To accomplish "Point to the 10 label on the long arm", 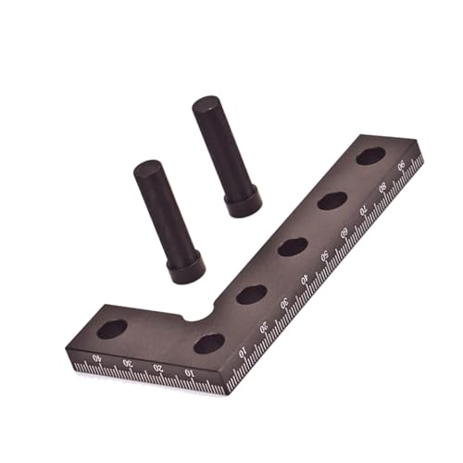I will coord(244,353).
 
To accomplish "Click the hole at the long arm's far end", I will coord(370,156).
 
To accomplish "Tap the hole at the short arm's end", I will coord(113,329).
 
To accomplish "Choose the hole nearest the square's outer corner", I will coord(209,344).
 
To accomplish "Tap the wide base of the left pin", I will coord(185,270).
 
